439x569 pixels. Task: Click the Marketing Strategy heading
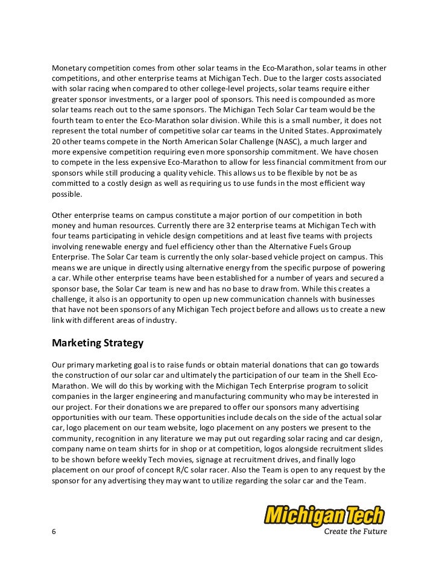[98, 343]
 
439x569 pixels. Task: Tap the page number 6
[55, 532]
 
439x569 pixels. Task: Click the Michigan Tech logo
[324, 517]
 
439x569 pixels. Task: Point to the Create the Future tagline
[356, 532]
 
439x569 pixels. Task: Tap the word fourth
[64, 119]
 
